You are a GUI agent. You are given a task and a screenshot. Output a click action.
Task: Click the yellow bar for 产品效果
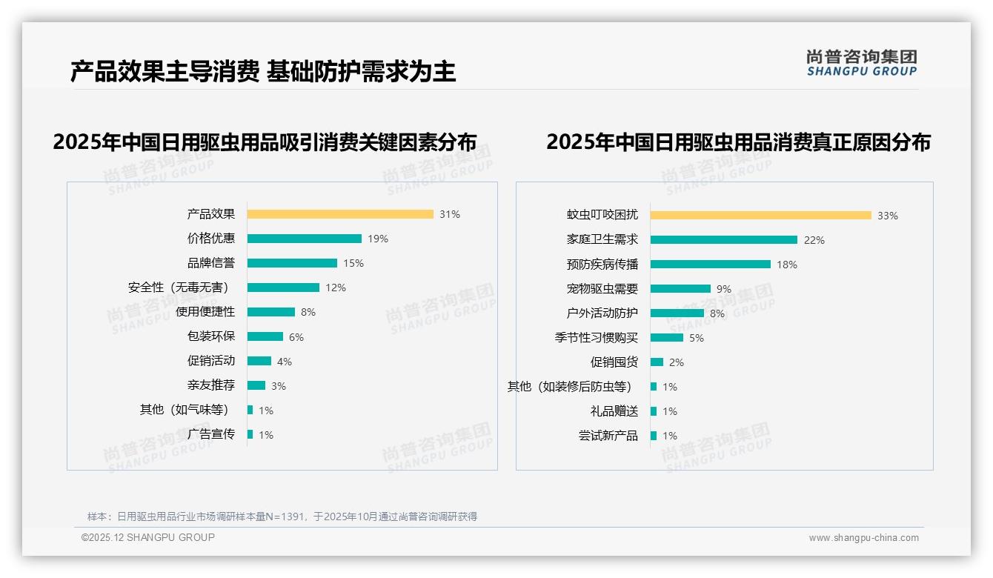click(x=340, y=214)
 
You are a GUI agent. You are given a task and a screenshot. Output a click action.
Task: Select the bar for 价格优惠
click(x=305, y=239)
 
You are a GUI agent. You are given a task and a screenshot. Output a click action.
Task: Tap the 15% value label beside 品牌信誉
click(x=353, y=263)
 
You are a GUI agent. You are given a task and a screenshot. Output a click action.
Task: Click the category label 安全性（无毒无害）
click(x=179, y=288)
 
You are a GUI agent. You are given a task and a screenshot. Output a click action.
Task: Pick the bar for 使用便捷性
click(x=271, y=312)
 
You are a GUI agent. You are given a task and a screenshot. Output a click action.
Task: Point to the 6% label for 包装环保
click(x=296, y=337)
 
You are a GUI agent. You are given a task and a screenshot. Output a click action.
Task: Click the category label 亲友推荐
click(x=211, y=385)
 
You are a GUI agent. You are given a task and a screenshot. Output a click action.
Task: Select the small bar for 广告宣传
click(x=250, y=434)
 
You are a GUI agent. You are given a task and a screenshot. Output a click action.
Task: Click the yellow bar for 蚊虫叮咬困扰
click(x=761, y=216)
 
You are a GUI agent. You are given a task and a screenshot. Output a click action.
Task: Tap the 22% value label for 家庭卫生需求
click(x=814, y=240)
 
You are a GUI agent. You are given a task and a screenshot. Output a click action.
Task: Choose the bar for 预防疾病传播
click(x=711, y=265)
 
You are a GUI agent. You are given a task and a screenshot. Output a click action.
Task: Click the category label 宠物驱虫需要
click(x=602, y=289)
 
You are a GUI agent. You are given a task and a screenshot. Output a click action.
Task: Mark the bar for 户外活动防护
click(x=677, y=313)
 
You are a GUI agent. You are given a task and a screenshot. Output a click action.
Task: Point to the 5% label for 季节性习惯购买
click(x=697, y=338)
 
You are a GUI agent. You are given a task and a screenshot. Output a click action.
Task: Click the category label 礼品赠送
click(x=614, y=411)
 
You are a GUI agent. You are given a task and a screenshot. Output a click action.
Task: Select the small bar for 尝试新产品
click(x=654, y=436)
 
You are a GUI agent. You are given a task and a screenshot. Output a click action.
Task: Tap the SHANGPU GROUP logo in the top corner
click(x=862, y=63)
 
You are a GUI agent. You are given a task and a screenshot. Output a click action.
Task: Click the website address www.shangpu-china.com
click(x=863, y=538)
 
